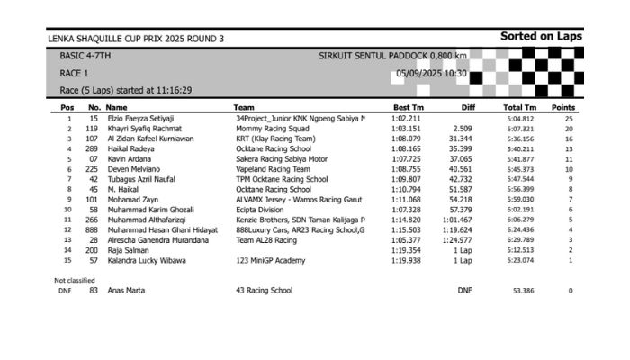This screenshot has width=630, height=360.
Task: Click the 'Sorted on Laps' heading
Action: (541, 36)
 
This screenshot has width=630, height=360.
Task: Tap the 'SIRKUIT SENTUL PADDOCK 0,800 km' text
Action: (393, 56)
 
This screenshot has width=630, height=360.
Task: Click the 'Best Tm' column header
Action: (408, 107)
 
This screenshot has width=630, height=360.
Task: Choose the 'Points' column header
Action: (564, 107)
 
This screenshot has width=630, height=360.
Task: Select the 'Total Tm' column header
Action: (519, 107)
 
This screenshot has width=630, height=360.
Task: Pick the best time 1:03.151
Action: (408, 129)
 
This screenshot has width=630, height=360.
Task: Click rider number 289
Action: (92, 149)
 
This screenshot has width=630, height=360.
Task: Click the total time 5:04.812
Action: (520, 119)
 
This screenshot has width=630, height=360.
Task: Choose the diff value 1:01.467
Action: (460, 220)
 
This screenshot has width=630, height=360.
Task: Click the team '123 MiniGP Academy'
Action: (271, 260)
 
